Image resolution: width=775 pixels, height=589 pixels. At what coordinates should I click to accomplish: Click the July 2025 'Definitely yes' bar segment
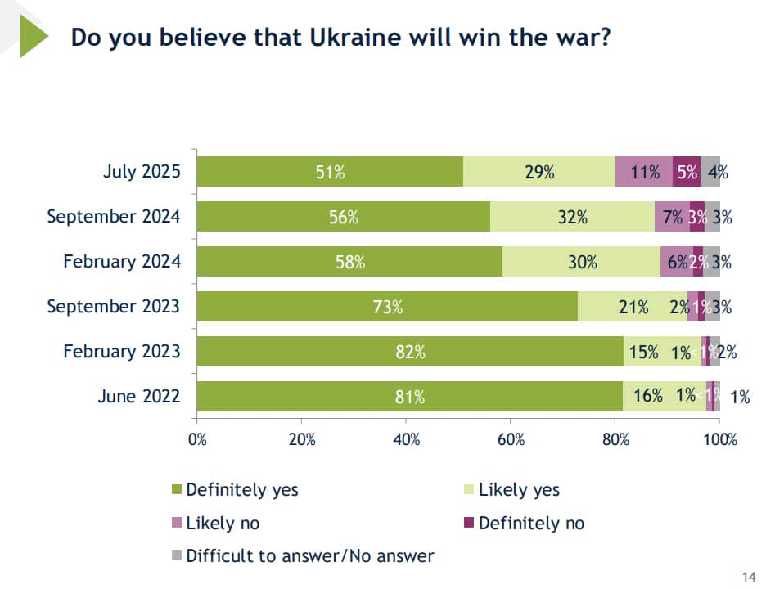[x=330, y=172]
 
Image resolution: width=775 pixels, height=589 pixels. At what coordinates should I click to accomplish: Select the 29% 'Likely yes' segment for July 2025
[x=538, y=172]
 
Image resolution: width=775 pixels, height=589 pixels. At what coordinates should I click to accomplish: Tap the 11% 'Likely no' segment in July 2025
[x=644, y=172]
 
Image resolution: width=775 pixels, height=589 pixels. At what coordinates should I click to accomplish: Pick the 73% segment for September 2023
[x=387, y=307]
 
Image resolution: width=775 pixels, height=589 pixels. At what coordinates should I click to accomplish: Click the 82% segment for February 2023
[x=409, y=352]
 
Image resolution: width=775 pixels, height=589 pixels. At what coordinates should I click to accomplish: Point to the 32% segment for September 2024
[x=572, y=217]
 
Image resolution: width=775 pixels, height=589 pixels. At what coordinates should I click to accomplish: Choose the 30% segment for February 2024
[x=582, y=262]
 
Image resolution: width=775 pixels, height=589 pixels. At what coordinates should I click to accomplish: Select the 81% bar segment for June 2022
[x=409, y=397]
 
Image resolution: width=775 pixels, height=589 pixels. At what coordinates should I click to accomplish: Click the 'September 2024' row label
[x=113, y=217]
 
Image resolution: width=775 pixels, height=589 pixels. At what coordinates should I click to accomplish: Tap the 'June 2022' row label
[x=139, y=397]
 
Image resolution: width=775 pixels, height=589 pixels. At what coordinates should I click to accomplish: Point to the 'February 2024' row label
[x=122, y=262]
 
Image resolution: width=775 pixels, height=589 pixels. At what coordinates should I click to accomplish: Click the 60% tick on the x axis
[x=511, y=438]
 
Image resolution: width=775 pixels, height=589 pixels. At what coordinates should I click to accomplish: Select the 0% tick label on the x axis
[x=197, y=438]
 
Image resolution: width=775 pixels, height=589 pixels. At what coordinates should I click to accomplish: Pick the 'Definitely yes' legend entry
[x=242, y=490]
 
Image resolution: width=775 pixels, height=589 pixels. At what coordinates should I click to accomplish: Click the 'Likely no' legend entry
[x=223, y=523]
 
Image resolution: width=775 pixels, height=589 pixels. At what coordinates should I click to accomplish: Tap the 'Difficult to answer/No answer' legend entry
[x=309, y=556]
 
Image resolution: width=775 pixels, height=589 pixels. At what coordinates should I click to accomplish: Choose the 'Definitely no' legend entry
[x=531, y=523]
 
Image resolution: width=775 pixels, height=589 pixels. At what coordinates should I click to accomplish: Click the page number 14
[x=748, y=577]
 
